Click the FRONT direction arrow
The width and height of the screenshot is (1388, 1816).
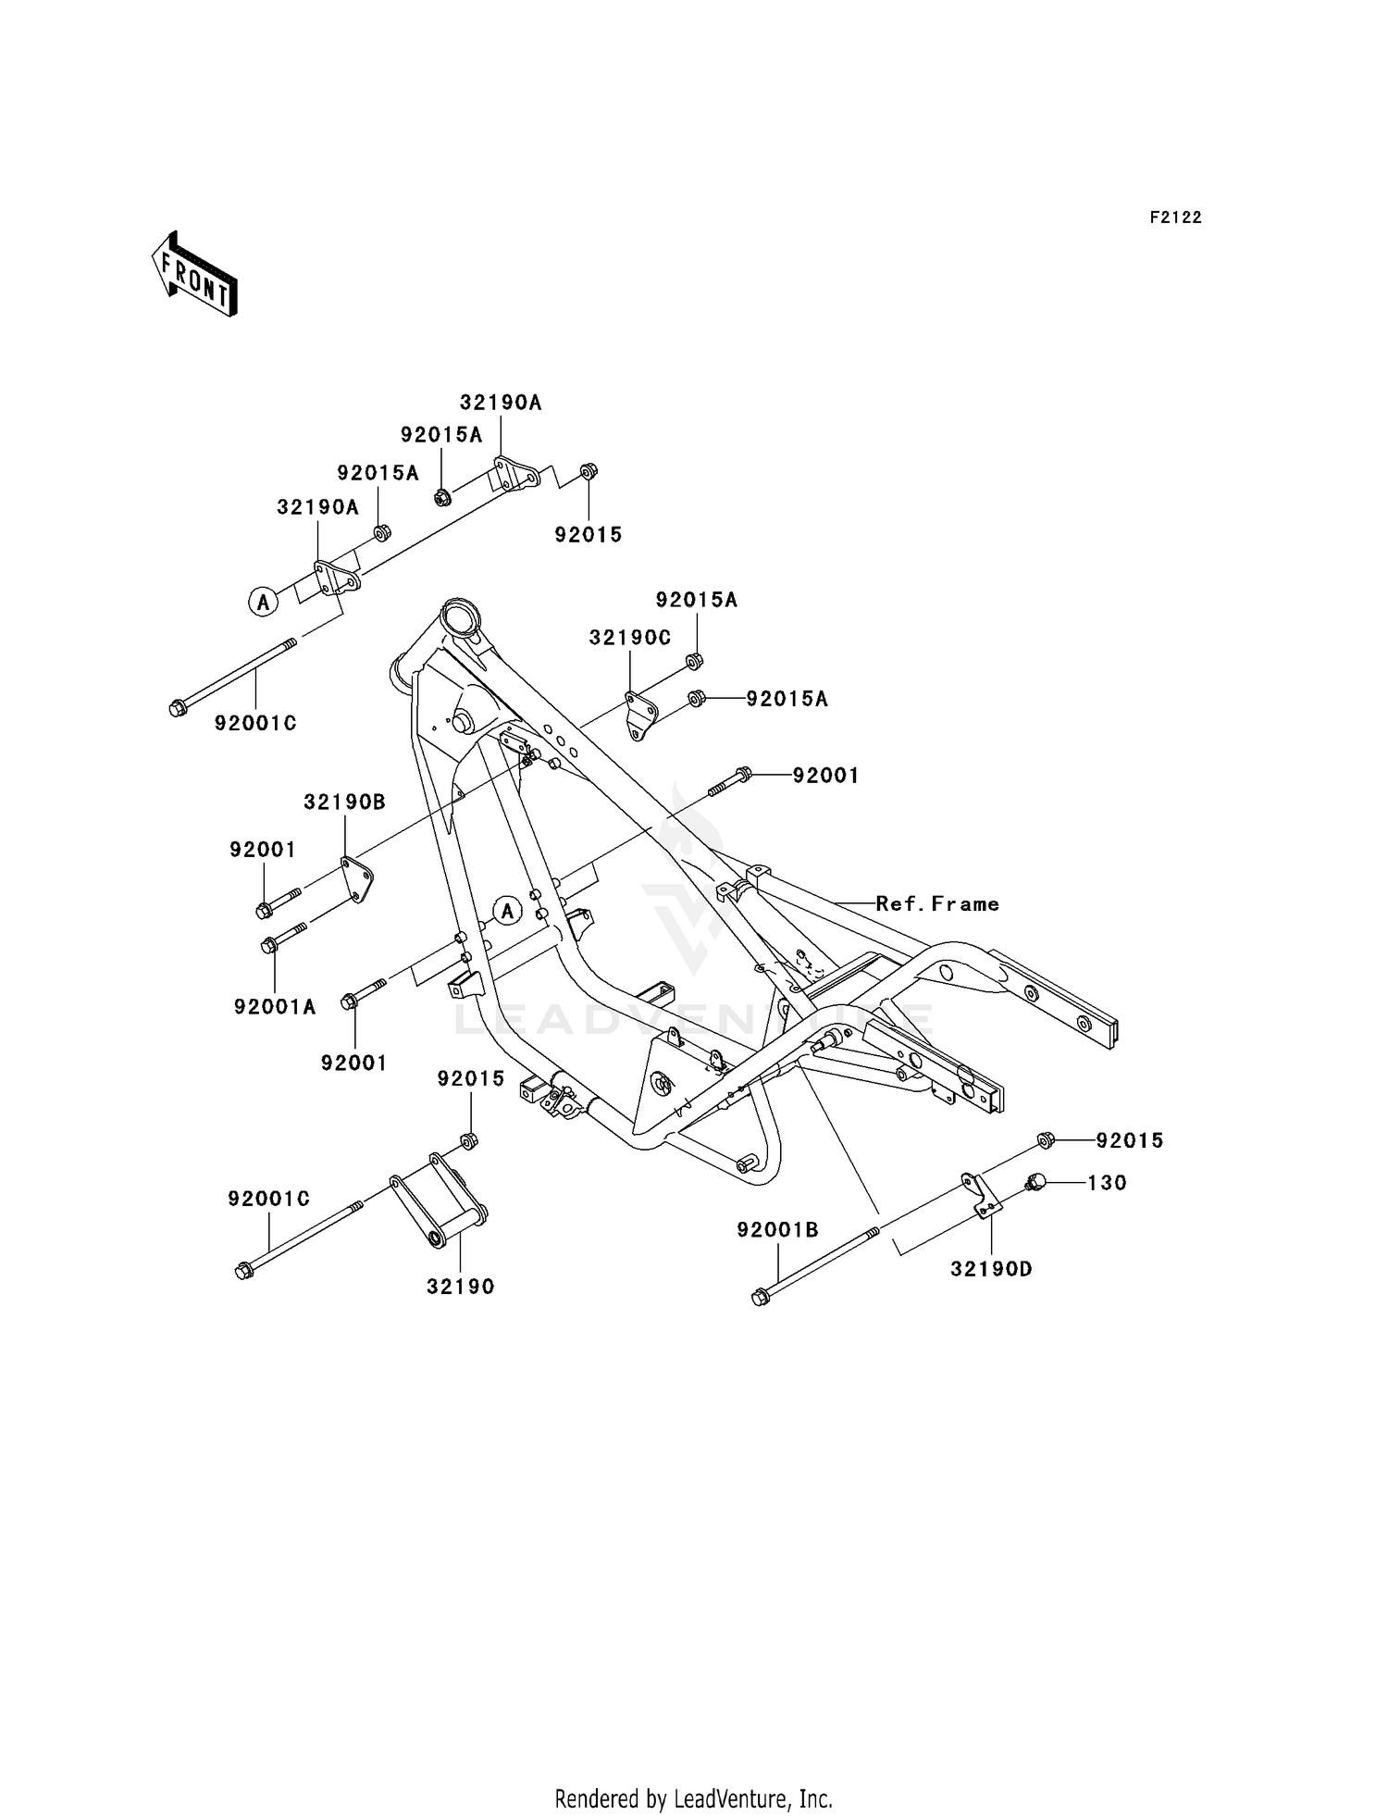(x=195, y=274)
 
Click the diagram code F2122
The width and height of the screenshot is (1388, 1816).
(x=1175, y=218)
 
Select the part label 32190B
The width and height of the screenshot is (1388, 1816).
(x=344, y=802)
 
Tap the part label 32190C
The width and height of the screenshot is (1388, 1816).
(x=630, y=638)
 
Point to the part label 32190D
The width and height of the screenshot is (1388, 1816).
(x=991, y=1269)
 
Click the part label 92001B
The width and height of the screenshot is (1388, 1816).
(x=777, y=1229)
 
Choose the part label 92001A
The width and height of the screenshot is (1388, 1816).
(x=275, y=1007)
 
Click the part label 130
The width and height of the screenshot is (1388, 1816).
(x=1107, y=1182)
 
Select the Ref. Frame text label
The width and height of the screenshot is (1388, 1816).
(x=937, y=903)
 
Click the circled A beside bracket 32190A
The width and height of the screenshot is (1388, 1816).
(x=264, y=602)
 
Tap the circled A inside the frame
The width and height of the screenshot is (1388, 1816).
(x=507, y=911)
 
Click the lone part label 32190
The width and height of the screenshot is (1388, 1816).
(x=461, y=1286)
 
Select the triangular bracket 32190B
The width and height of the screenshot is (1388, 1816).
(x=354, y=880)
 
